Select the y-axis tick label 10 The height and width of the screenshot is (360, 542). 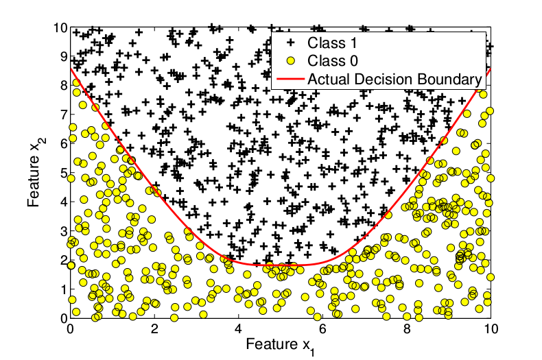(60, 28)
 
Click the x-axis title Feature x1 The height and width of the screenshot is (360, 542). (280, 343)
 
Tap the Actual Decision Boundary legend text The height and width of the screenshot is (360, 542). (393, 79)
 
